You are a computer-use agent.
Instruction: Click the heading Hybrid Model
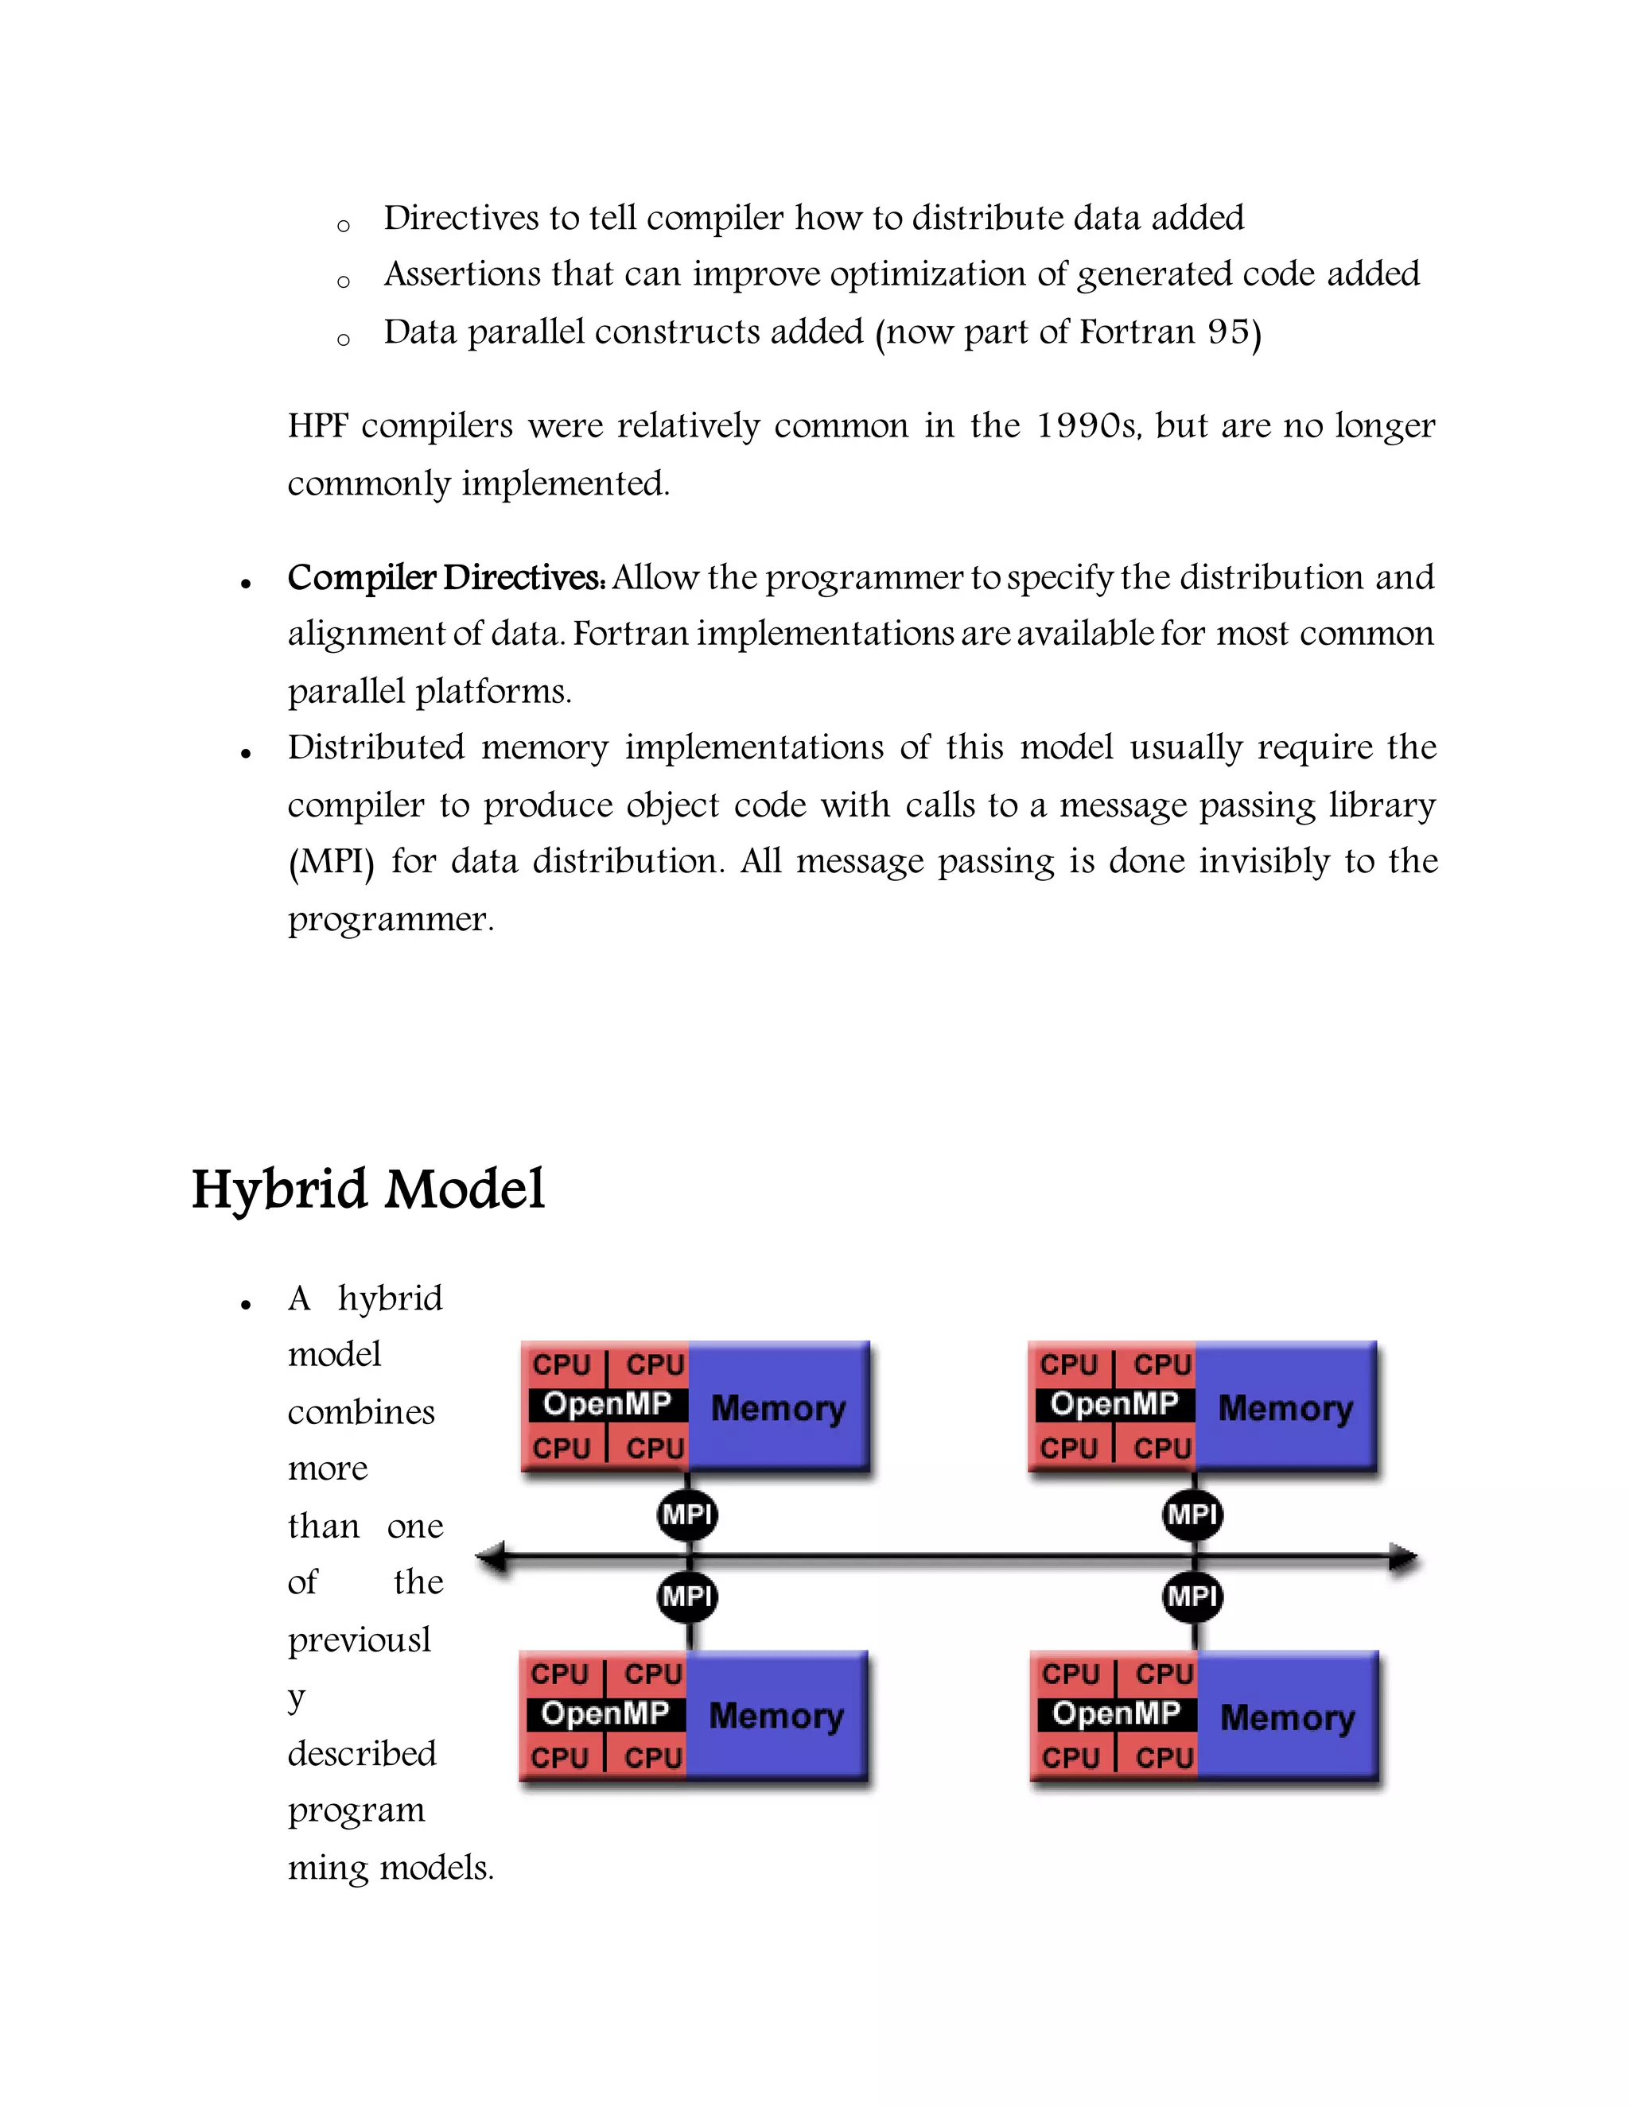coord(367,1189)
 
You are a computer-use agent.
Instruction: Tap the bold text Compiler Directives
coord(446,578)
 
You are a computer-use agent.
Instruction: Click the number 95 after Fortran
coord(1227,332)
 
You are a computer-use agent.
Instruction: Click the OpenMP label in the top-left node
coord(607,1403)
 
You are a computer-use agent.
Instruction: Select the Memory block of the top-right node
coord(1285,1407)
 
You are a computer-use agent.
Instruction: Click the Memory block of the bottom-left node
coord(777,1717)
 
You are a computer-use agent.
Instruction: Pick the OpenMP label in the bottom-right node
coord(1117,1713)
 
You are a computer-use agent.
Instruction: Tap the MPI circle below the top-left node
coord(687,1515)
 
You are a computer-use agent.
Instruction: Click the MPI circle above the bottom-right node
coord(1193,1597)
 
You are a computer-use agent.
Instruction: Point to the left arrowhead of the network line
coord(492,1556)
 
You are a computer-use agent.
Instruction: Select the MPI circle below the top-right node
coord(1193,1515)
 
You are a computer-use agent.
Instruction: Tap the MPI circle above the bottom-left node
coord(687,1597)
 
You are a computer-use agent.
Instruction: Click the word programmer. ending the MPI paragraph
coord(390,919)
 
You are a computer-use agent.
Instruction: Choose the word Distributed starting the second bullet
coord(375,747)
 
